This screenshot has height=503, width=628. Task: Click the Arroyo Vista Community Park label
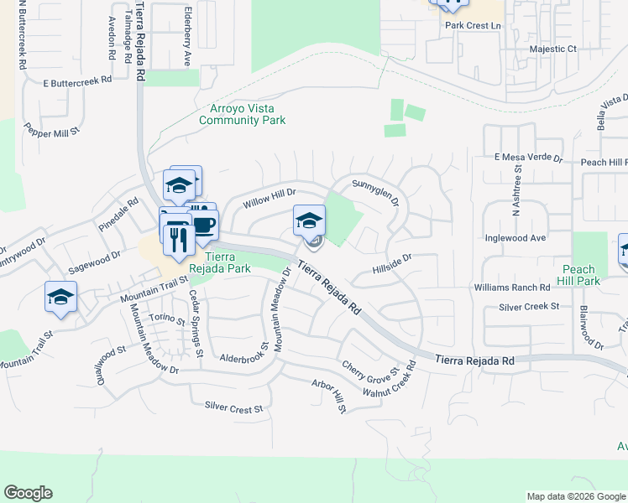click(242, 114)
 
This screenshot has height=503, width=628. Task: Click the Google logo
click(28, 493)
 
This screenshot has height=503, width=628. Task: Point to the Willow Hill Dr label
click(270, 199)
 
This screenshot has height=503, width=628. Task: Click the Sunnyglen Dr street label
click(375, 189)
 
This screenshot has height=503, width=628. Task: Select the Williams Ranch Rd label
click(511, 287)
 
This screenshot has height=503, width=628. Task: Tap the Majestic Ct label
click(553, 49)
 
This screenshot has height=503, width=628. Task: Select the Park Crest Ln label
click(472, 26)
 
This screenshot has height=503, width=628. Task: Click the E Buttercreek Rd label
click(78, 82)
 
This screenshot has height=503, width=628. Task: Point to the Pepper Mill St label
click(51, 130)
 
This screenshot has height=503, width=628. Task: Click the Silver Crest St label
click(233, 407)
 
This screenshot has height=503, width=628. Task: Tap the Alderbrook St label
click(243, 353)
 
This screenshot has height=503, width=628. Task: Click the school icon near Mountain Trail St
click(61, 297)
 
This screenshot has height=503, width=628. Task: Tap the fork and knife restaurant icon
click(177, 241)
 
